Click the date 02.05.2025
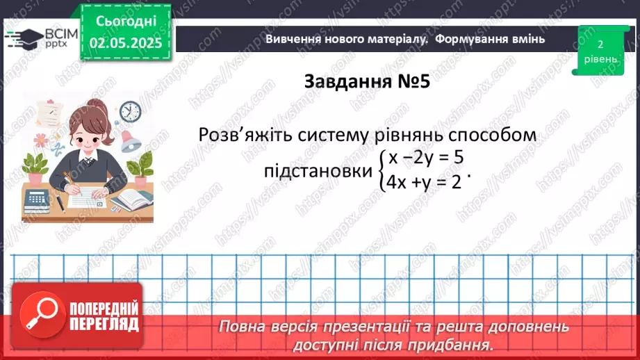[x=125, y=43]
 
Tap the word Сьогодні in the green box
[x=125, y=22]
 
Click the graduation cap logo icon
[x=23, y=38]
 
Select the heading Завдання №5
[x=368, y=82]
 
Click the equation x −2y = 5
[x=426, y=158]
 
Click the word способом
[x=493, y=134]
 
